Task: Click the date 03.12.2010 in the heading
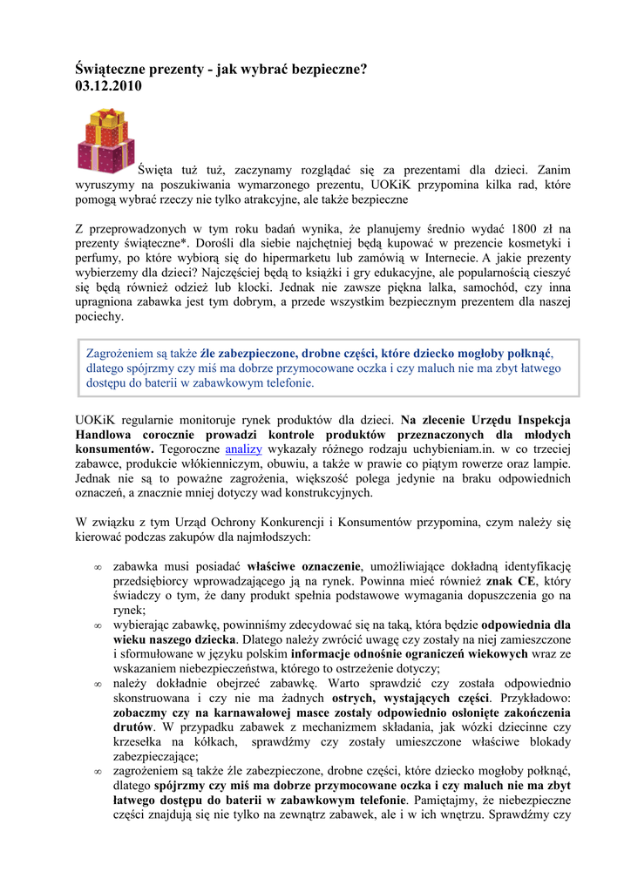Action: point(108,86)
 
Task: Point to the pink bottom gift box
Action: point(106,158)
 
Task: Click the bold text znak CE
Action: point(512,580)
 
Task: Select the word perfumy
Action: point(95,259)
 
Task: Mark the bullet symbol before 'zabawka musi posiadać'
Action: point(98,566)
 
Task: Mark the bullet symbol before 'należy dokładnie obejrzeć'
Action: point(98,684)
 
